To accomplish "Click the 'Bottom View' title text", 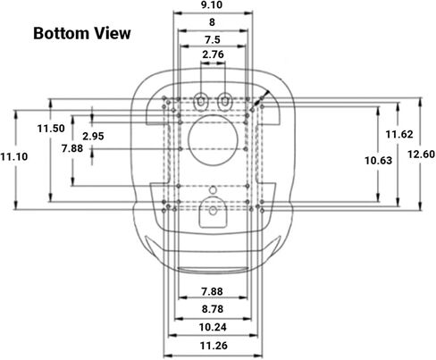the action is coord(82,33).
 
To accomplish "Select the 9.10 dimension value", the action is coord(212,5).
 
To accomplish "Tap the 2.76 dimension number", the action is coord(213,54).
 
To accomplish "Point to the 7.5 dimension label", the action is coord(213,39).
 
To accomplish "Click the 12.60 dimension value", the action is coord(421,155).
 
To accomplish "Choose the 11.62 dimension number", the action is coord(399,134).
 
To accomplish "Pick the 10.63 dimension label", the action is coord(379,161).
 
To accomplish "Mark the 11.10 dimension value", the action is coord(14,156).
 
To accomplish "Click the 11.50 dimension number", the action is coord(51,129).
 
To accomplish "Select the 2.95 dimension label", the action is coord(93,137).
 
